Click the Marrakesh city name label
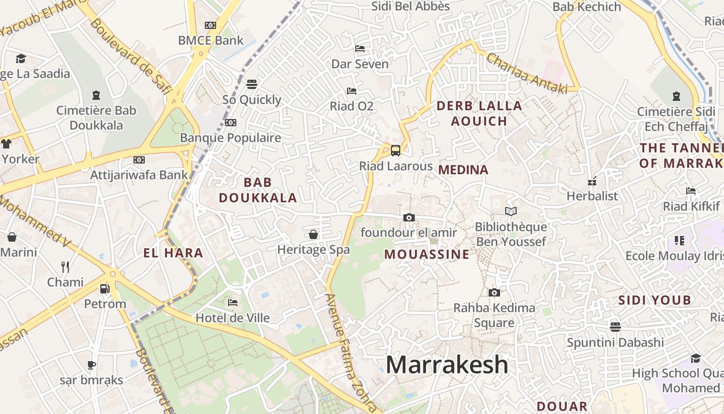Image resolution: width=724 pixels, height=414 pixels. point(447,364)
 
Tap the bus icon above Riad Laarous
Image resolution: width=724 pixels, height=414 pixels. point(396,151)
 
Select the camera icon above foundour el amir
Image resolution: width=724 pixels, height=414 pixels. point(409,217)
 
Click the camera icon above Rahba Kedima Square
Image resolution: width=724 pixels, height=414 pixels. point(494,292)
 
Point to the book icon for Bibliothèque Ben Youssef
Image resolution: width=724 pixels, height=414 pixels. point(511,211)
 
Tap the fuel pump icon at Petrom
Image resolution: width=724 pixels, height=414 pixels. point(105,289)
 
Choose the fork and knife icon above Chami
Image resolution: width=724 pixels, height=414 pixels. point(65,267)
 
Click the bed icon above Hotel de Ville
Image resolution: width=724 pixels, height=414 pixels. point(233,302)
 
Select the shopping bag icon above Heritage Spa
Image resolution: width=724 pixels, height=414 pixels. point(313,234)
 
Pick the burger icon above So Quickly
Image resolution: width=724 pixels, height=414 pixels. point(252,84)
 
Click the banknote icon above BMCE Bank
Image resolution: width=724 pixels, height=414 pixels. point(210,25)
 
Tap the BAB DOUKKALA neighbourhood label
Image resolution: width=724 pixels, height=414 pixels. point(258,190)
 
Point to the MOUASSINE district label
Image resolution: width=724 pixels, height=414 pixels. point(427,254)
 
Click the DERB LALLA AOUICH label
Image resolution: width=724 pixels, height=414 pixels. point(479,113)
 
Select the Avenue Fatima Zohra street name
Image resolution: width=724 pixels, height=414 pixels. point(350,352)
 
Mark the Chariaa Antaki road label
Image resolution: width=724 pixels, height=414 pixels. point(526,73)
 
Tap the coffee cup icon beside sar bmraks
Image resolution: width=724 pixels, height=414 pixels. point(92,365)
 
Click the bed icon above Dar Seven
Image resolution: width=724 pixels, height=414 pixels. point(360,49)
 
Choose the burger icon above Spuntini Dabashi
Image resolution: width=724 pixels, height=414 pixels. point(615,327)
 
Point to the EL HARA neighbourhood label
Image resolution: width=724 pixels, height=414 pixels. point(173,253)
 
